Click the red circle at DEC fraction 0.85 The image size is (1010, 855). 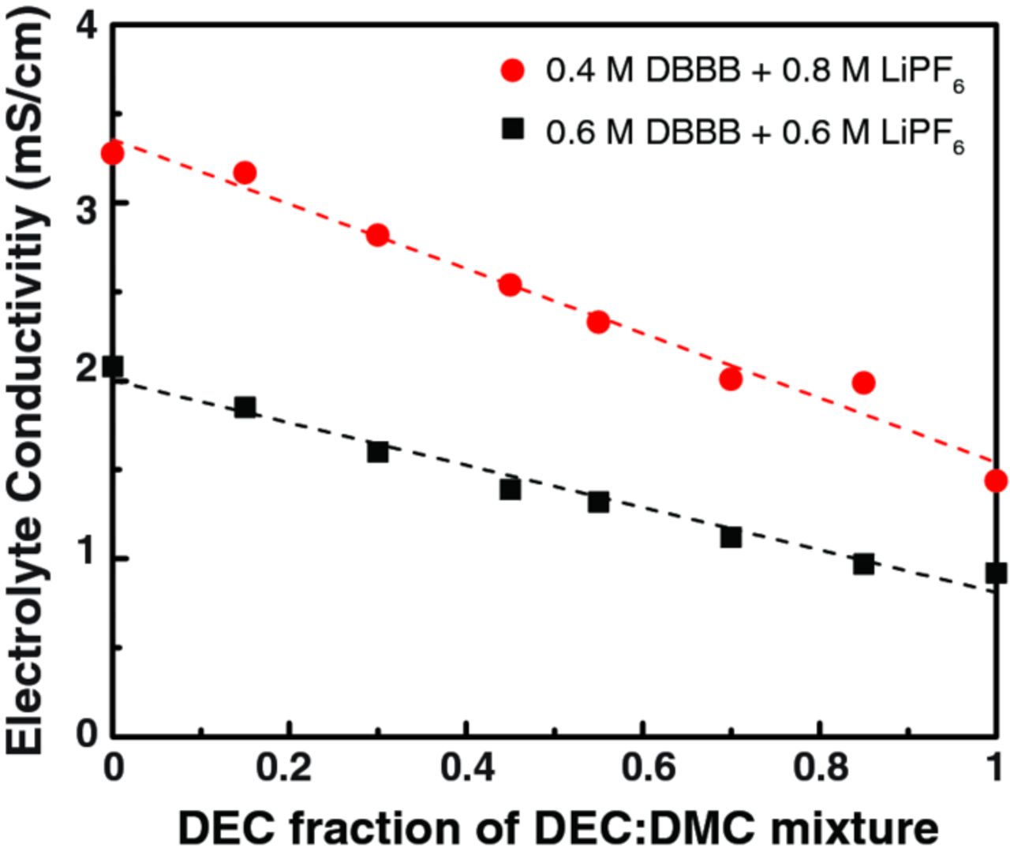click(863, 383)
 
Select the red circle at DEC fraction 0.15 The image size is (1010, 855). click(245, 173)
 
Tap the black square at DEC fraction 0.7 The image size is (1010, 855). click(731, 537)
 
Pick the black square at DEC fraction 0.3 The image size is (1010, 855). click(378, 452)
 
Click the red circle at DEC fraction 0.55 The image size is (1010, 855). click(598, 322)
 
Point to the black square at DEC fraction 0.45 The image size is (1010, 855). click(511, 490)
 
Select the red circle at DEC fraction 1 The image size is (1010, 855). click(996, 480)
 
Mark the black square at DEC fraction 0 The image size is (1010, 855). click(114, 366)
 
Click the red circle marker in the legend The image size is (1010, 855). click(513, 71)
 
